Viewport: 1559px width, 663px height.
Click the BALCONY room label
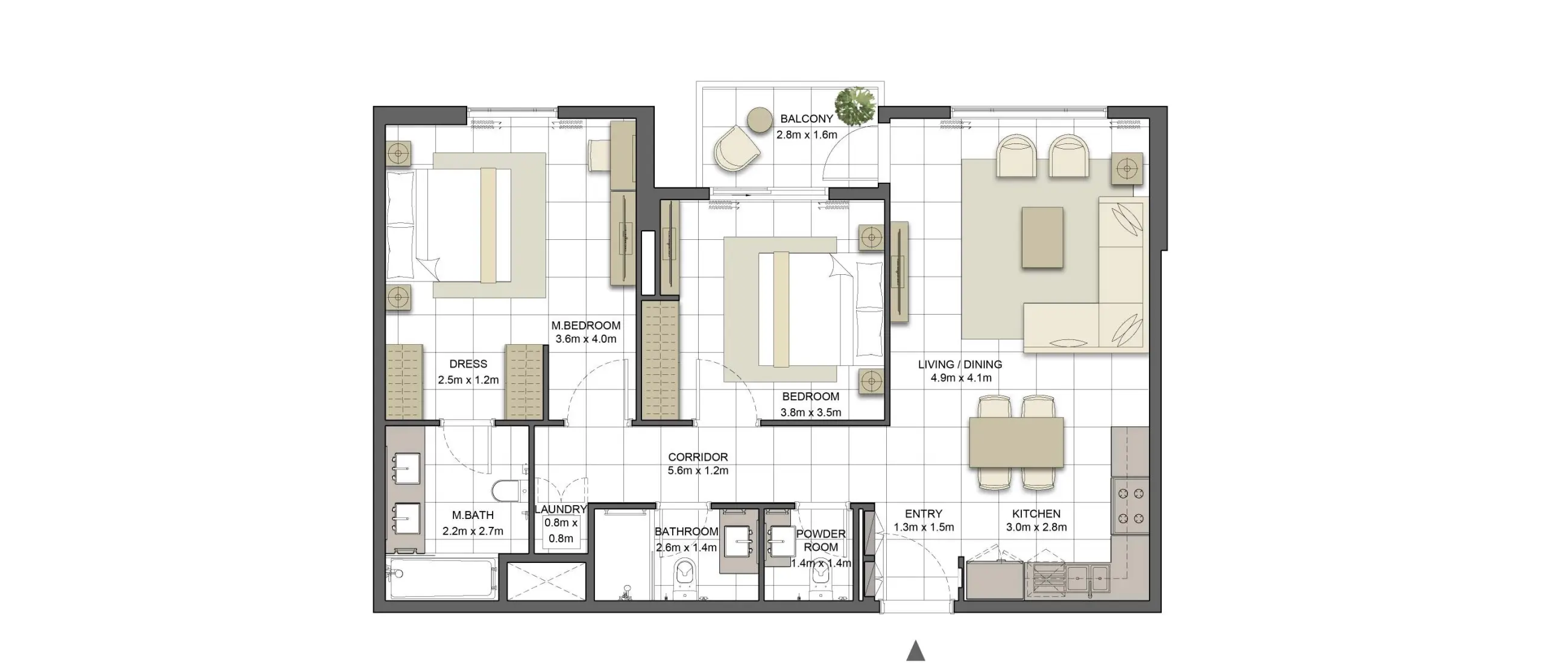[x=806, y=119]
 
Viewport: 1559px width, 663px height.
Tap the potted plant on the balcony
[x=855, y=106]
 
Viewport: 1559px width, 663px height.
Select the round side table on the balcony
[x=760, y=120]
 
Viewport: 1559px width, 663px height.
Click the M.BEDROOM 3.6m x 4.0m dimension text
[x=586, y=339]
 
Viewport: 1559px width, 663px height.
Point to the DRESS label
[x=468, y=364]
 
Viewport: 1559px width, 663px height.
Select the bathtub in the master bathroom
[x=441, y=579]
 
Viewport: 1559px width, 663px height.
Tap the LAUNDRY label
[x=561, y=509]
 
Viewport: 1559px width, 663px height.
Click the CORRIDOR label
[x=698, y=457]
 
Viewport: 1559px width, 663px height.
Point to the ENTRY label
[x=923, y=514]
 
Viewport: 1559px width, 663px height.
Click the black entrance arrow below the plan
[x=916, y=651]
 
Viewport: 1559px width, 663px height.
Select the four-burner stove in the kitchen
[x=1130, y=506]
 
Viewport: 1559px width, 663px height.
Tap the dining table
[x=1016, y=442]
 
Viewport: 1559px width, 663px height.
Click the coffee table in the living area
[x=1042, y=237]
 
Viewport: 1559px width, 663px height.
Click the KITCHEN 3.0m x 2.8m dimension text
[x=1036, y=527]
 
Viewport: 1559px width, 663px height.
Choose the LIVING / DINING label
[x=960, y=365]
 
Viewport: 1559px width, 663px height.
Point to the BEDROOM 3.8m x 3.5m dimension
[x=810, y=413]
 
